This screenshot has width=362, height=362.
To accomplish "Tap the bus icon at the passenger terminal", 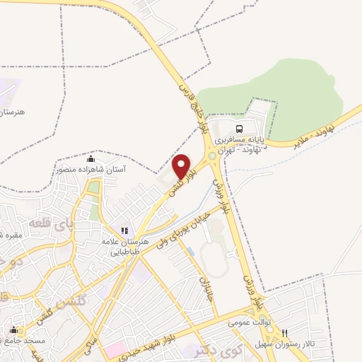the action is pyautogui.click(x=239, y=129).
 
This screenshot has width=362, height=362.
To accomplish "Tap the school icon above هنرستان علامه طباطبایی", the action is pyautogui.click(x=124, y=230).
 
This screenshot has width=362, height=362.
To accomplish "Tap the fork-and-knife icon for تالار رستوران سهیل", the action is pyautogui.click(x=285, y=333).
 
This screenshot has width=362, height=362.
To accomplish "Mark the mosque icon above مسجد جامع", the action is pyautogui.click(x=13, y=329).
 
